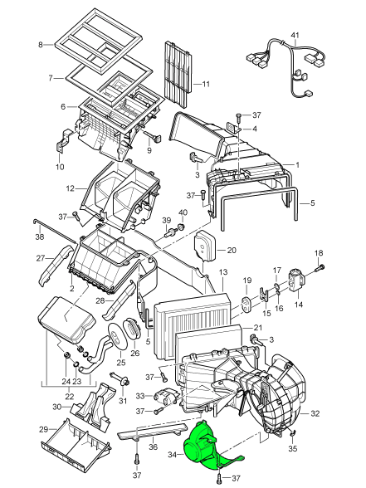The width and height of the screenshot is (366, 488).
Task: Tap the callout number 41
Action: [x=295, y=35]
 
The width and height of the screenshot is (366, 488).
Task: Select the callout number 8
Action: [x=41, y=45]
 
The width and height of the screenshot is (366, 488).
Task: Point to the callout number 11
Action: [x=206, y=84]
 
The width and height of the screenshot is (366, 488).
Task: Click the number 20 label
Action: [x=232, y=250]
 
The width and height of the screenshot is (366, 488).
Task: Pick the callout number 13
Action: [x=223, y=272]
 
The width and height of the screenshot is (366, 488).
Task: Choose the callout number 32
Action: [x=315, y=413]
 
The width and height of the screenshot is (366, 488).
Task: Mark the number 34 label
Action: [x=173, y=455]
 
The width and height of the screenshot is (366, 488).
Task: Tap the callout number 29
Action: [x=44, y=430]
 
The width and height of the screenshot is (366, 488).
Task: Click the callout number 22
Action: [x=70, y=397]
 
